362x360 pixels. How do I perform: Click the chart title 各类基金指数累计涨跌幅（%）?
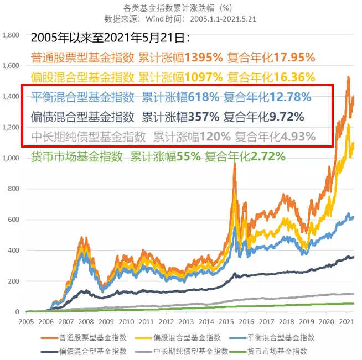coord(180,8)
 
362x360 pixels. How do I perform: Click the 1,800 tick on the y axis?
coord(11,35)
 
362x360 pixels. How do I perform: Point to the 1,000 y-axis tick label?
coord(11,158)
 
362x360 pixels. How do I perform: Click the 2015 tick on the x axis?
coord(225,321)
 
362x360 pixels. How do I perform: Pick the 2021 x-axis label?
coord(347,321)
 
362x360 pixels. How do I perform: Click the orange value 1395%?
coord(204,57)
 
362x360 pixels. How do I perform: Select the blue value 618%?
coord(204,97)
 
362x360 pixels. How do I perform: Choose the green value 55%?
coord(189,156)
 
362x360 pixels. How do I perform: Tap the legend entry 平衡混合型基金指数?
coord(291,337)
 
